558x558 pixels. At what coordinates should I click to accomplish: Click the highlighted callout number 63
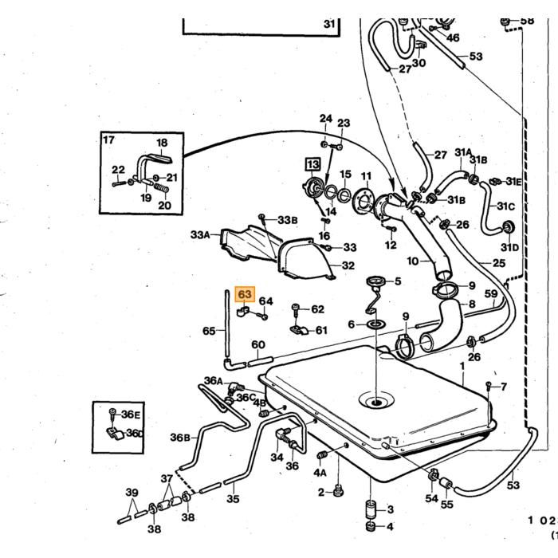tap(245, 294)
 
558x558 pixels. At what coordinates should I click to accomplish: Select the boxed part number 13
tap(313, 164)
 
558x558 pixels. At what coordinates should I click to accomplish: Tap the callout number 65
tap(209, 331)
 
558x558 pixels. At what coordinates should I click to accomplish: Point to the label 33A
tap(200, 235)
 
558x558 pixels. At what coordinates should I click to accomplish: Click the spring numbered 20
tap(161, 187)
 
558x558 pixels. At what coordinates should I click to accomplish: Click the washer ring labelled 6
tap(376, 324)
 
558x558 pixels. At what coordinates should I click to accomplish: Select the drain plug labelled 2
tap(339, 492)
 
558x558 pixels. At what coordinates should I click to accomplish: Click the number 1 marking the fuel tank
tap(462, 366)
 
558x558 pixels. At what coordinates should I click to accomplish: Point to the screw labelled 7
tap(489, 385)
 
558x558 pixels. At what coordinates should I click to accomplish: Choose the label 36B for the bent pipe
tap(180, 438)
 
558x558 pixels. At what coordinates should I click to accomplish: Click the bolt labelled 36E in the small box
tap(113, 413)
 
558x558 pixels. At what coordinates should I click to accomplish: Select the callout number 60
tap(258, 344)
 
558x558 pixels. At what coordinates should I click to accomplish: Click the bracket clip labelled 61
tap(299, 330)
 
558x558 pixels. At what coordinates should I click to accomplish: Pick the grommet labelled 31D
tap(509, 227)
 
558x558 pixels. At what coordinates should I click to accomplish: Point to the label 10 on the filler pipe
tap(412, 261)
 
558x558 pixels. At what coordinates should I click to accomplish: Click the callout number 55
tap(447, 504)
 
